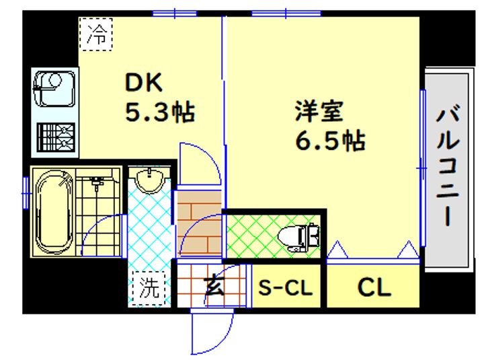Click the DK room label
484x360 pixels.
(144, 82)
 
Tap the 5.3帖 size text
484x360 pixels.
(160, 112)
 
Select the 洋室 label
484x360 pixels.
(319, 111)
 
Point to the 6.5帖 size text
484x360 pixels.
(330, 141)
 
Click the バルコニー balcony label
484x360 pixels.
(448, 165)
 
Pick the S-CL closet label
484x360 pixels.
(285, 288)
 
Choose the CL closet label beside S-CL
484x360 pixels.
(374, 287)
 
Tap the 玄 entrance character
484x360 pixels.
(214, 286)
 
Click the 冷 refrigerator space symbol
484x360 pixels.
(95, 34)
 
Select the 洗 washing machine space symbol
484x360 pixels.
(149, 287)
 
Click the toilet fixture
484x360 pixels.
(298, 237)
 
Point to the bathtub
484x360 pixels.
(54, 212)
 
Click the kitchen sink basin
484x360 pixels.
(54, 89)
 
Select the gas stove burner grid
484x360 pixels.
(56, 137)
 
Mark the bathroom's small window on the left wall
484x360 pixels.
(26, 193)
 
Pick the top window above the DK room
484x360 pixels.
(175, 13)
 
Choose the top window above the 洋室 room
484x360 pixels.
(286, 13)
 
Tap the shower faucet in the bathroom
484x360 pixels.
(97, 182)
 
